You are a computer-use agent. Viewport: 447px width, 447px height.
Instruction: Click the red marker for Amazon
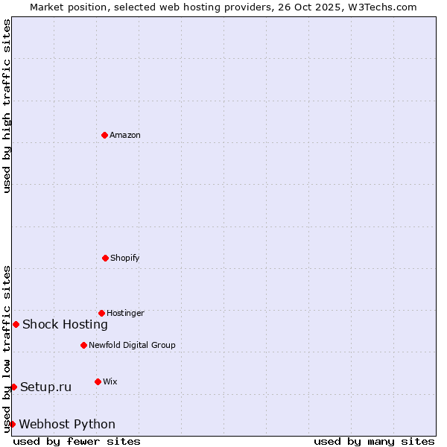click(x=105, y=135)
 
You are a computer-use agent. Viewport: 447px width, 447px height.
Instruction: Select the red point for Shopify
click(x=105, y=258)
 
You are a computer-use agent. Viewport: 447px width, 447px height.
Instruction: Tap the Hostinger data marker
click(x=101, y=313)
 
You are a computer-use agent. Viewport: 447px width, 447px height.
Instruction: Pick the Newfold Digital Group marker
click(x=83, y=345)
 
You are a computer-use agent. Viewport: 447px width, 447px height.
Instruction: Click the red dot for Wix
click(x=98, y=381)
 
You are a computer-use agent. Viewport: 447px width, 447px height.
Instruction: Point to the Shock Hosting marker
click(x=16, y=324)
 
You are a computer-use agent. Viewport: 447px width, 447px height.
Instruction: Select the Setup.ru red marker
click(x=13, y=387)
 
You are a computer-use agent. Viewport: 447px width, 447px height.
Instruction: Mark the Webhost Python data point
click(x=12, y=424)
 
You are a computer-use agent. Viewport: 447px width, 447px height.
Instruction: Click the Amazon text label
click(x=125, y=135)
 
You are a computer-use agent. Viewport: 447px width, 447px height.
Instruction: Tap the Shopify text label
click(x=125, y=258)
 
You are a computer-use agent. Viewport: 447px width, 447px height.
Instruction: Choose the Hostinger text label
click(x=125, y=313)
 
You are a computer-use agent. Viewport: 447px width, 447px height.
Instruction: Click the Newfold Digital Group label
click(x=132, y=345)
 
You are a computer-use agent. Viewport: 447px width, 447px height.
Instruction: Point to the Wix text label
click(x=110, y=381)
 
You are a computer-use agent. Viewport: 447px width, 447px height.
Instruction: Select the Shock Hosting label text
click(x=65, y=324)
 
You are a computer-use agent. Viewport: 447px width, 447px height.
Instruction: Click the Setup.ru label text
click(x=45, y=387)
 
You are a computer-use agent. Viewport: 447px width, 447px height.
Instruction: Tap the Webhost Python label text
click(x=67, y=424)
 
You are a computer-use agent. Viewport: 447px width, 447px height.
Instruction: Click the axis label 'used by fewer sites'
click(x=77, y=441)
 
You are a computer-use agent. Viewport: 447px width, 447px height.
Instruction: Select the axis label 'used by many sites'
click(x=374, y=441)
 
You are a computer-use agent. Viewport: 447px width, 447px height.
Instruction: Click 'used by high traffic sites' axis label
click(x=7, y=106)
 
